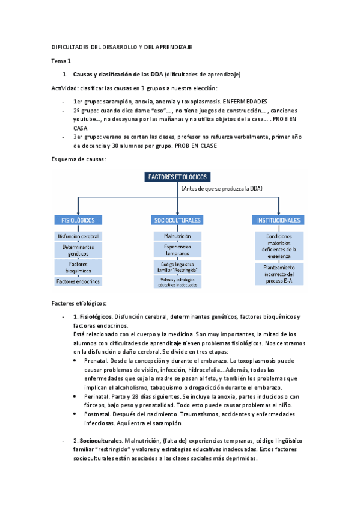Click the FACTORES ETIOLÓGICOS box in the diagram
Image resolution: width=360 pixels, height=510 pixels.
pyautogui.click(x=177, y=177)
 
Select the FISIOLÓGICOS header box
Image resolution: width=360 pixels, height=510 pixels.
pyautogui.click(x=78, y=220)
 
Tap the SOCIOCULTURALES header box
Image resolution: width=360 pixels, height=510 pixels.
pyautogui.click(x=177, y=220)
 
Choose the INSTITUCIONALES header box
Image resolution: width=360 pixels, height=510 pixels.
pyautogui.click(x=278, y=220)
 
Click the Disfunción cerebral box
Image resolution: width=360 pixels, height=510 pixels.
pyautogui.click(x=78, y=236)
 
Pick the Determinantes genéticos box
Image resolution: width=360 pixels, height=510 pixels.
pyautogui.click(x=78, y=250)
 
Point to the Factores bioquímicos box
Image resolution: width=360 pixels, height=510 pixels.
pyautogui.click(x=78, y=267)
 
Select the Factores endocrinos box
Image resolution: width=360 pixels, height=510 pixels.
pyautogui.click(x=78, y=281)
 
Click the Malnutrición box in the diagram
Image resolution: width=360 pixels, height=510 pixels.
pyautogui.click(x=177, y=236)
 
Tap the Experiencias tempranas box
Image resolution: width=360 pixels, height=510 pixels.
pyautogui.click(x=177, y=250)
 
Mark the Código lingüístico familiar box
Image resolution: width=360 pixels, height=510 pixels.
pyautogui.click(x=177, y=267)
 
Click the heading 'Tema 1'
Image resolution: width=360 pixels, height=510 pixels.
pyautogui.click(x=61, y=61)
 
